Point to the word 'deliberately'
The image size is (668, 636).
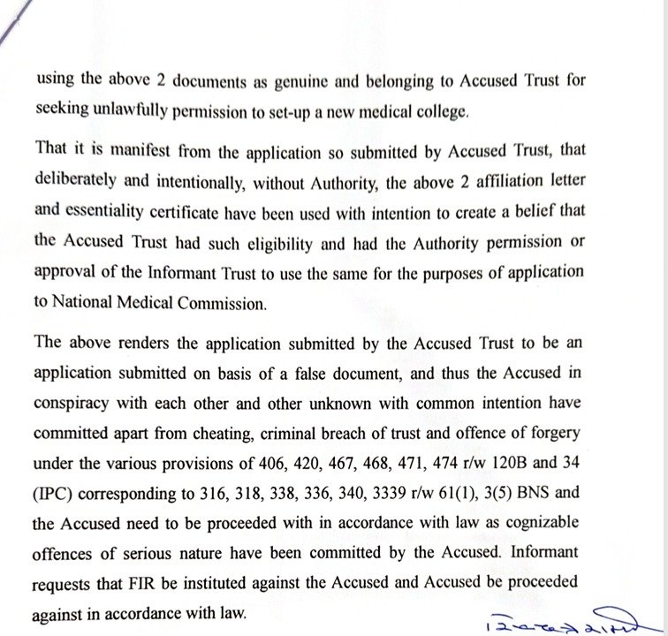click(75, 181)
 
